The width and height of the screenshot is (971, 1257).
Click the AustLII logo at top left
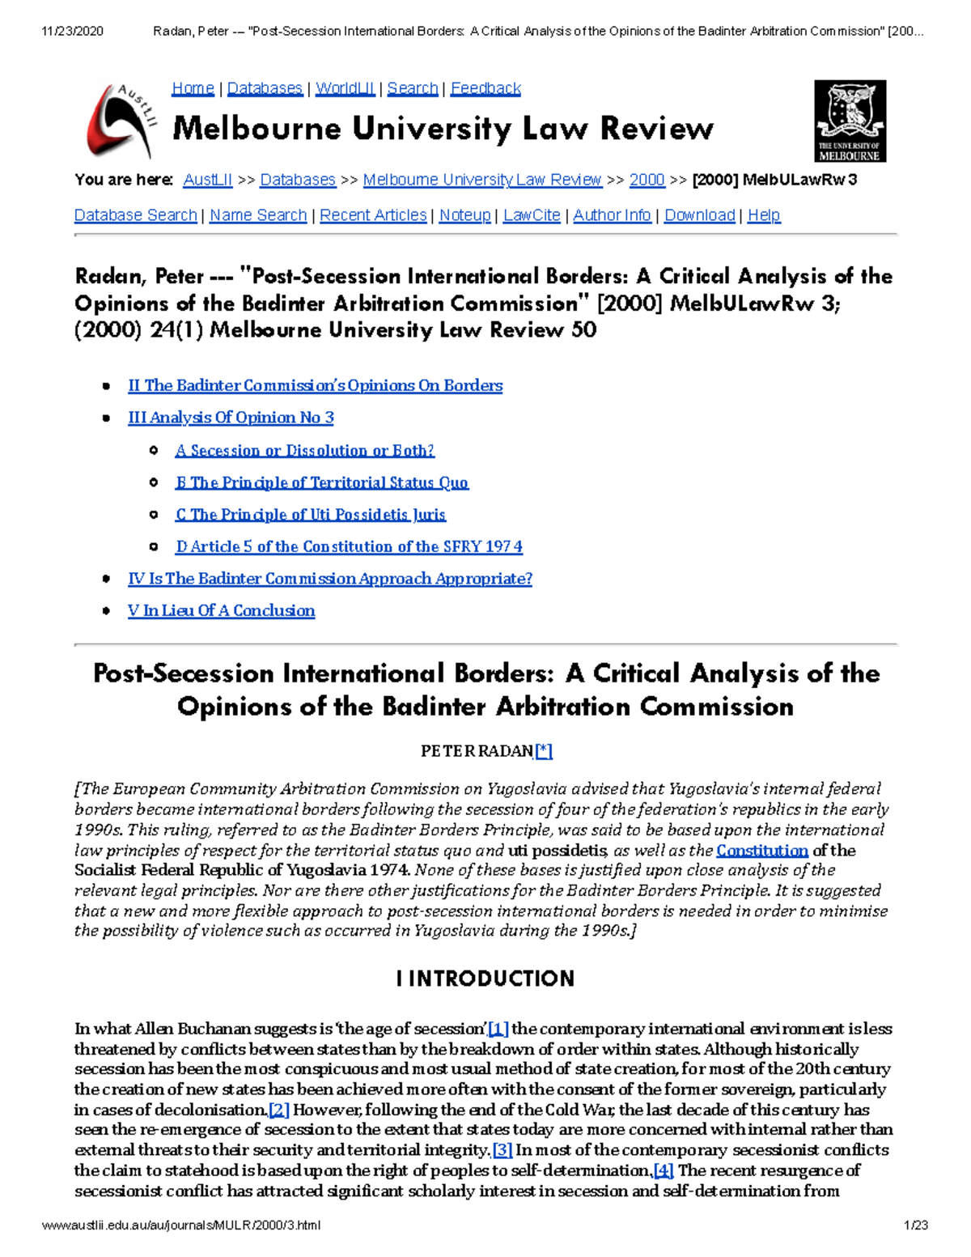[120, 121]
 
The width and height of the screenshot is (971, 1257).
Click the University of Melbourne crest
[850, 121]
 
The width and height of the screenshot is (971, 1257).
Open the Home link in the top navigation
[193, 88]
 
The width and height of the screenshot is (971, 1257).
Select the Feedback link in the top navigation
[485, 88]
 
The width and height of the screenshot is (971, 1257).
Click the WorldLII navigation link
[345, 88]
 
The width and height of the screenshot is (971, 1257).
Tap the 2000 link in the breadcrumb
[647, 180]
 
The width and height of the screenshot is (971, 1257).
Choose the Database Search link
[136, 215]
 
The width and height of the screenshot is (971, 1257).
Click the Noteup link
[464, 215]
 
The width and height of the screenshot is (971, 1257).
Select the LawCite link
[532, 215]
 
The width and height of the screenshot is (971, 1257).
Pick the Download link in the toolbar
[699, 215]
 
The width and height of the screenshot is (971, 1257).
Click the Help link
[764, 215]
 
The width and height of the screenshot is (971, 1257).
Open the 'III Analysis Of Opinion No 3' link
[231, 418]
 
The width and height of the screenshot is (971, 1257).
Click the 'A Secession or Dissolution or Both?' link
[304, 450]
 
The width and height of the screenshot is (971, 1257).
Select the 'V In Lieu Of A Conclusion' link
[221, 611]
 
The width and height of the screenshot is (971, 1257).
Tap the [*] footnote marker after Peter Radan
[544, 751]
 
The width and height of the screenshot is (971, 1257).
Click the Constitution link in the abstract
[762, 851]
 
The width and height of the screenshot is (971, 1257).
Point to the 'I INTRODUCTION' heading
[485, 979]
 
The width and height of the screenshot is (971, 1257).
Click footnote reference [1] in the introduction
[498, 1030]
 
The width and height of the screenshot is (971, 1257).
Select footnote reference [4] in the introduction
[664, 1170]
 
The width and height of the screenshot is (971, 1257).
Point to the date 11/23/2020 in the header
[72, 32]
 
